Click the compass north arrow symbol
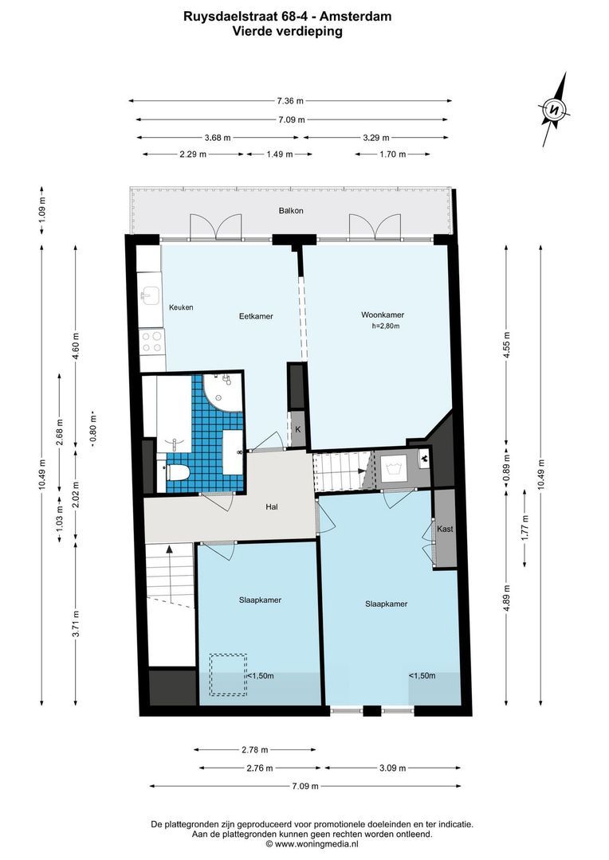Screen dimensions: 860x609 pyautogui.click(x=555, y=109)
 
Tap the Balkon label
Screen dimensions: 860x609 pyautogui.click(x=291, y=211)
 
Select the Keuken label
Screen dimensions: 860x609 pyautogui.click(x=180, y=307)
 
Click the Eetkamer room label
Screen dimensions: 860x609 pyautogui.click(x=256, y=316)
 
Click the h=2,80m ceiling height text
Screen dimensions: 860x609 pyautogui.click(x=385, y=326)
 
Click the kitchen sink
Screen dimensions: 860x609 pyautogui.click(x=149, y=297)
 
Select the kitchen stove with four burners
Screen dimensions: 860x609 pyautogui.click(x=151, y=342)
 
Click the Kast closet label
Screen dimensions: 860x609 pyautogui.click(x=445, y=529)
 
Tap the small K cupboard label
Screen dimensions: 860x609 pyautogui.click(x=297, y=429)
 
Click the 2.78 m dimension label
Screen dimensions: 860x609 pyautogui.click(x=254, y=749)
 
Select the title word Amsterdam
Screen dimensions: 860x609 pyautogui.click(x=358, y=15)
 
